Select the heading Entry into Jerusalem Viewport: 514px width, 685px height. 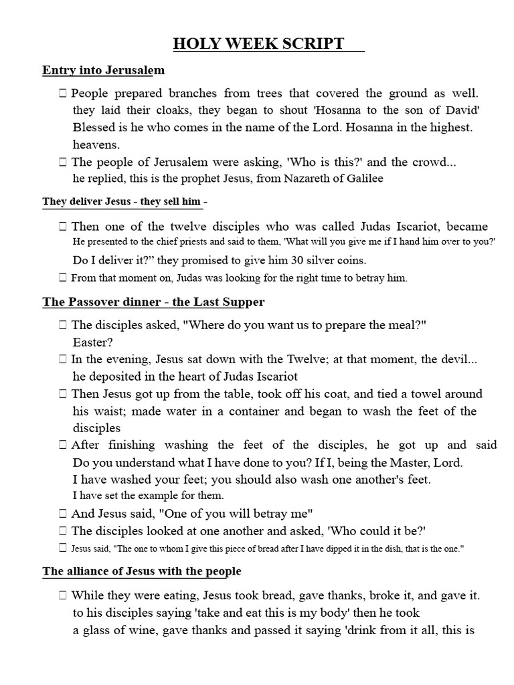click(103, 70)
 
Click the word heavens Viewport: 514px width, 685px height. click(97, 144)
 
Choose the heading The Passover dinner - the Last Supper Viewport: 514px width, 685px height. click(153, 302)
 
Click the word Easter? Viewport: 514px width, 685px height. click(93, 342)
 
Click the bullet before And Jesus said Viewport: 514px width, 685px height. click(62, 514)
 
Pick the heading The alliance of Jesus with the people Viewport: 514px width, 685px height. click(142, 572)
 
